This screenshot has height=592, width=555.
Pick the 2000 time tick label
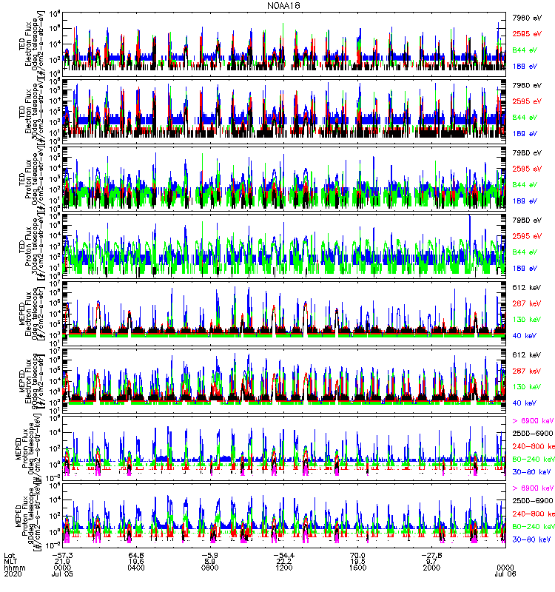(429, 566)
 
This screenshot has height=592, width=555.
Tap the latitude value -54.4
(283, 553)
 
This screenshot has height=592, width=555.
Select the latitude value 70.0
(357, 553)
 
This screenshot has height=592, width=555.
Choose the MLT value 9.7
(429, 559)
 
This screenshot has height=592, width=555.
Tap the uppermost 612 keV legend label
(527, 286)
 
